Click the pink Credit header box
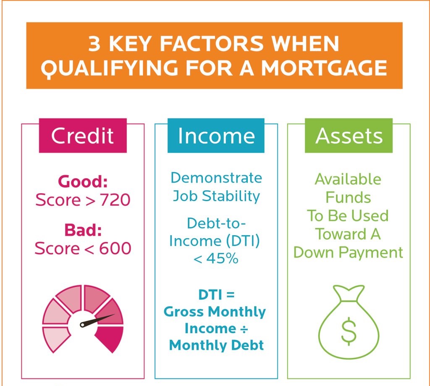(x=82, y=136)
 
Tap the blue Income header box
(x=216, y=136)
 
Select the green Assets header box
(x=349, y=136)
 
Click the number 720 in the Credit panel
(x=115, y=200)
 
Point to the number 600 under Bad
(x=115, y=248)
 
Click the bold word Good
(x=83, y=182)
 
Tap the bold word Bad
(x=83, y=231)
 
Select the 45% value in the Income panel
(x=222, y=258)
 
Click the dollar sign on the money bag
(x=348, y=330)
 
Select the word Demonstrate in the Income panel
(x=216, y=178)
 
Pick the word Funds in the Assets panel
(x=348, y=197)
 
